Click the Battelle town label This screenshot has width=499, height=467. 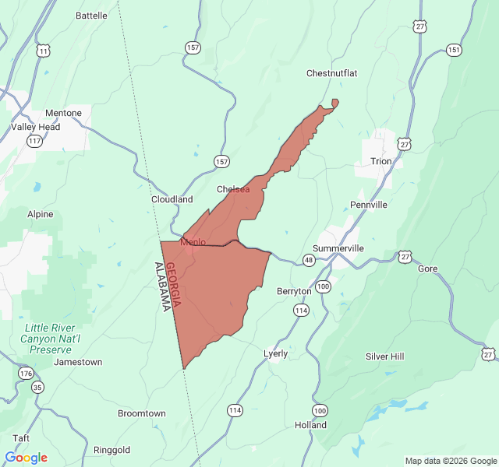92,16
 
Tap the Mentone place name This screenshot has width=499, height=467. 63,113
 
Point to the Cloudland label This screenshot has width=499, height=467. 172,199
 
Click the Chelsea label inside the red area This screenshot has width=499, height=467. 233,189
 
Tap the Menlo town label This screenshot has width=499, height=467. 193,242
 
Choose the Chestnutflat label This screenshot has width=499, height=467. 331,73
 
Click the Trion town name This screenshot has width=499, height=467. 381,162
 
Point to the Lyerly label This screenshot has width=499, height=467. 275,353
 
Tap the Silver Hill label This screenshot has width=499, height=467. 385,356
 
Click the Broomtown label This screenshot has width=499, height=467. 142,413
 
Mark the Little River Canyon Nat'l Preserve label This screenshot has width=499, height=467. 52,339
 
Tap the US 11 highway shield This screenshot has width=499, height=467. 43,51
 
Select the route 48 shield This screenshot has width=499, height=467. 310,260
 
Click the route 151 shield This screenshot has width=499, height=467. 454,50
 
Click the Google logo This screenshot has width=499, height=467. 26,457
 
